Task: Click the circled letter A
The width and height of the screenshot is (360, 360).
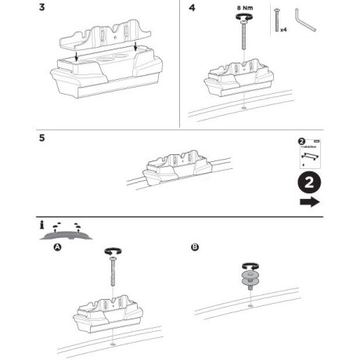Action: [x=57, y=247]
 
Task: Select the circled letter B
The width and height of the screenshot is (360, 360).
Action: [x=194, y=247]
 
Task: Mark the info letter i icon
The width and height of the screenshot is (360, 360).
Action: [x=41, y=225]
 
